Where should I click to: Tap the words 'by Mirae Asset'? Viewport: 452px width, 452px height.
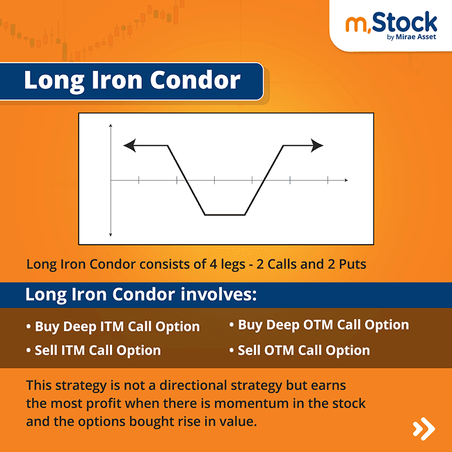point(411,38)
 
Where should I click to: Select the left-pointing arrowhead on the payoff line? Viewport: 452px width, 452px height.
point(128,145)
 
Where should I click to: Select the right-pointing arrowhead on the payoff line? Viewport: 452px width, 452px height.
point(318,145)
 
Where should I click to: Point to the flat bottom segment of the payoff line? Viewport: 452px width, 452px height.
point(225,214)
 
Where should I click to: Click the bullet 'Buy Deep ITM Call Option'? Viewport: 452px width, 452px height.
point(113,326)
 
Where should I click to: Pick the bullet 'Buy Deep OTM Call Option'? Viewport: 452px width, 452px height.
point(319,325)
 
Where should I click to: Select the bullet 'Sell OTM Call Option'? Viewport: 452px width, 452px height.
point(300,350)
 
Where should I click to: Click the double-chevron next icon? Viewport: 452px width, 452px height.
point(423,428)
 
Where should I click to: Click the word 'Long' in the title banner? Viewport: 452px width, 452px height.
point(50,80)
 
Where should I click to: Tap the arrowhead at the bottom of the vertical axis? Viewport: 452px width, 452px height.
point(111,235)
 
